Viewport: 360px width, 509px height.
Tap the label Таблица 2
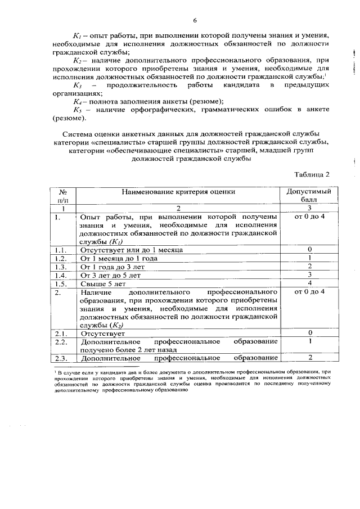pyautogui.click(x=311, y=174)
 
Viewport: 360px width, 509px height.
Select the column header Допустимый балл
pyautogui.click(x=309, y=196)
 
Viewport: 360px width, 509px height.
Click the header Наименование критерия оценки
pyautogui.click(x=178, y=192)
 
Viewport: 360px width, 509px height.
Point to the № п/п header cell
pyautogui.click(x=63, y=196)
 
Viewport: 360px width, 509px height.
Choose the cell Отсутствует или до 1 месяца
pyautogui.click(x=132, y=249)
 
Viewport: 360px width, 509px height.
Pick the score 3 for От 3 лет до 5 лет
pyautogui.click(x=309, y=276)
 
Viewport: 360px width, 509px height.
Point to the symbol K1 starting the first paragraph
pyautogui.click(x=79, y=35)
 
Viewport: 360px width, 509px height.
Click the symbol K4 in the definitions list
pyautogui.click(x=79, y=101)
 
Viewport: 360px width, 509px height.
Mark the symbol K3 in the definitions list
pyautogui.click(x=78, y=85)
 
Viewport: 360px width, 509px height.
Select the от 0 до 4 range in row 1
pyautogui.click(x=309, y=217)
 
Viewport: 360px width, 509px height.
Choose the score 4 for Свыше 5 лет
pyautogui.click(x=309, y=285)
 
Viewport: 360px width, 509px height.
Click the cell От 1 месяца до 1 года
pyautogui.click(x=119, y=258)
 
